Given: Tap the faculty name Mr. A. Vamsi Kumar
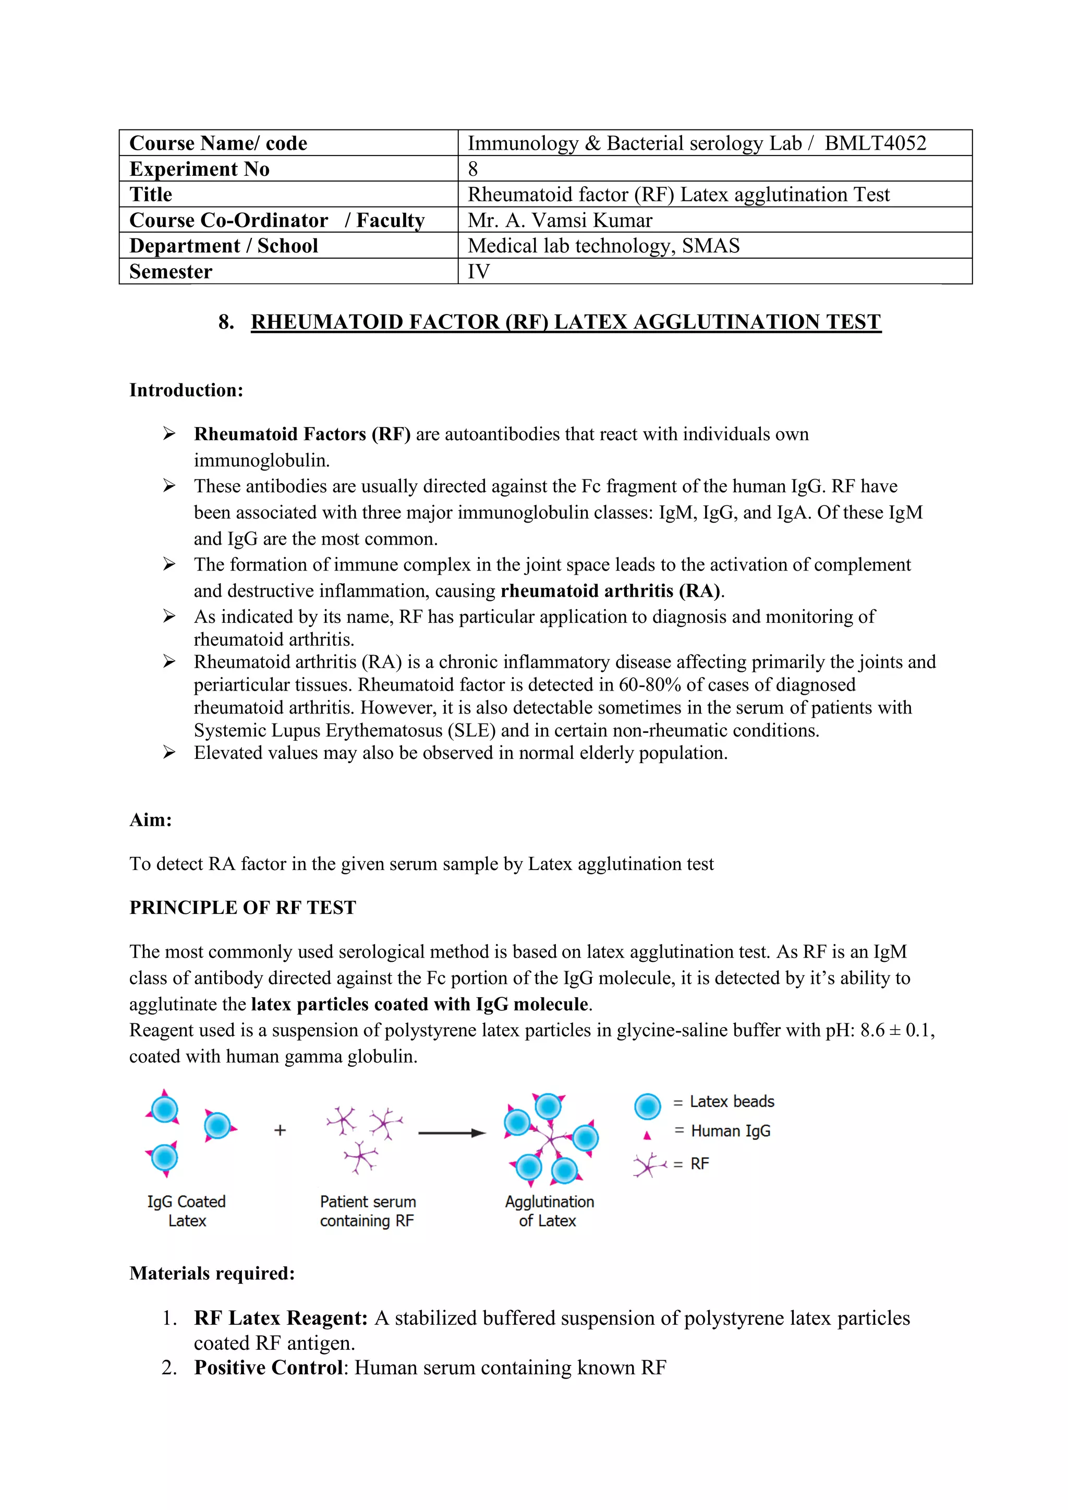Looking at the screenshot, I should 560,220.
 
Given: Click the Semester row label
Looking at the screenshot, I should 171,272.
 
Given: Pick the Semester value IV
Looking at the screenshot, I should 479,272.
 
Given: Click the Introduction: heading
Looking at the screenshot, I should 186,390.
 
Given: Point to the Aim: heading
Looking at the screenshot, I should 151,820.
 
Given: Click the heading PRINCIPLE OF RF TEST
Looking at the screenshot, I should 242,908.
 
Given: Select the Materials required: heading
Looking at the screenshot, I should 212,1274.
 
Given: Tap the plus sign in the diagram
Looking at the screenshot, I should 280,1130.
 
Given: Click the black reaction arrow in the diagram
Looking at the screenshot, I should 452,1133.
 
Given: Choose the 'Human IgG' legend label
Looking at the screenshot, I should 730,1131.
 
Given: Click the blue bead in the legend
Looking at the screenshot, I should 648,1106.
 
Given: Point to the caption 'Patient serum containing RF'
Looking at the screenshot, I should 368,1212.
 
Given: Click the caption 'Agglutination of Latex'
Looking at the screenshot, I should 549,1212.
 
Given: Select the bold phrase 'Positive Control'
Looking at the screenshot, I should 269,1368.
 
